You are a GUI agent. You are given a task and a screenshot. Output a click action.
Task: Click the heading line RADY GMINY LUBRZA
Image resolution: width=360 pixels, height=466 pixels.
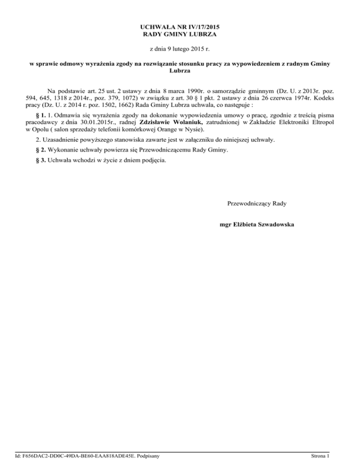coord(180,34)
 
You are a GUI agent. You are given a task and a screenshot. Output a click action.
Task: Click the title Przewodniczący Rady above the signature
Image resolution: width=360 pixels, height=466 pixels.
coord(257,203)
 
